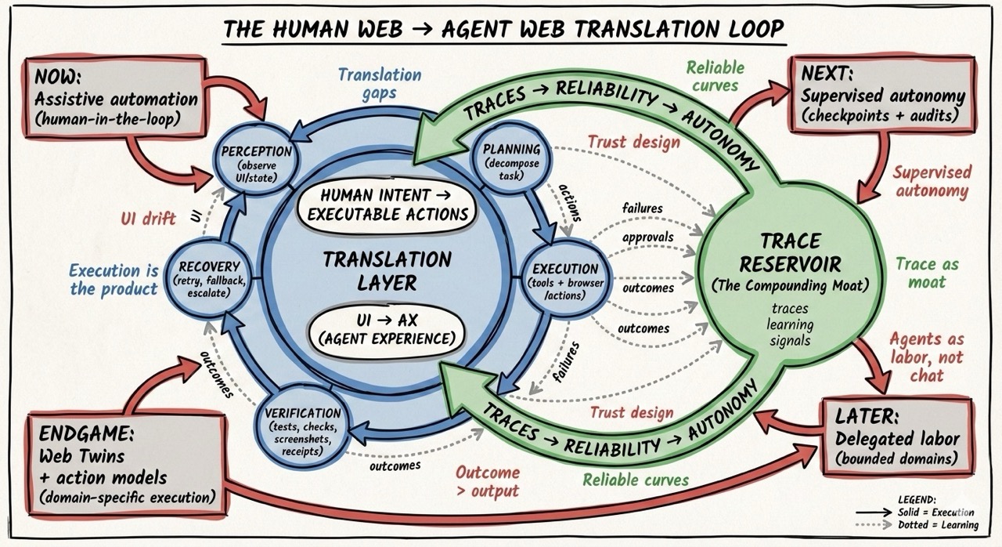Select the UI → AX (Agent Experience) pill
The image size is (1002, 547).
[x=384, y=330]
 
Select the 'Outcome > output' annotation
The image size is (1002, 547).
[x=488, y=481]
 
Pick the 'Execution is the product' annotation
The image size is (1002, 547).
[x=114, y=279]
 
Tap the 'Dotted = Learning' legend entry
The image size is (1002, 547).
[x=937, y=524]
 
